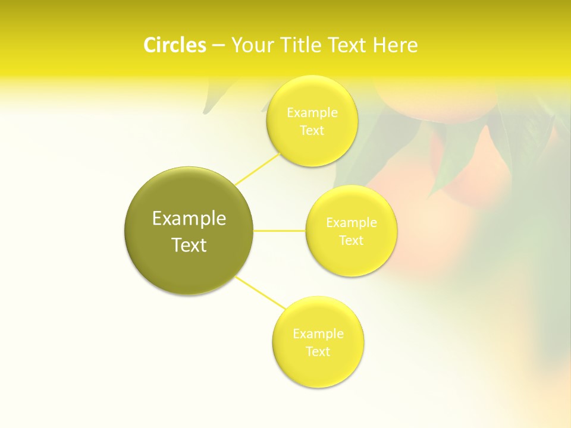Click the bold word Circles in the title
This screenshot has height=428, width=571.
(175, 45)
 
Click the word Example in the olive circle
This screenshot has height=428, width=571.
(189, 219)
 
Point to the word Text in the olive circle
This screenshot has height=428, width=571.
(189, 245)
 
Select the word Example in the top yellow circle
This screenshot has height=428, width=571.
(312, 113)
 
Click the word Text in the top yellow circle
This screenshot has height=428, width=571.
(312, 131)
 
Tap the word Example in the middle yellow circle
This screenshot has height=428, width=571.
(352, 223)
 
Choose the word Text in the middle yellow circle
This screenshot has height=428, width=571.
(352, 241)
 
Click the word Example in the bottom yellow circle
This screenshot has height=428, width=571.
(318, 334)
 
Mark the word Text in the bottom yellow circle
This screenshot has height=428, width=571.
(318, 352)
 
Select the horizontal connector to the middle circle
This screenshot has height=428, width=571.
(280, 231)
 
